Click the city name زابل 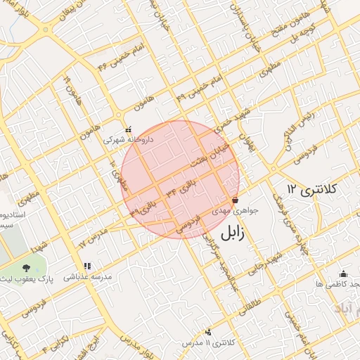click(x=235, y=234)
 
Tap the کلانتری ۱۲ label click(x=313, y=189)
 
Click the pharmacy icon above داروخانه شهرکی click(x=127, y=129)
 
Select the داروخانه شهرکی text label click(x=128, y=140)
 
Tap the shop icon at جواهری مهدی click(x=234, y=200)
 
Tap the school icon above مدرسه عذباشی click(x=87, y=266)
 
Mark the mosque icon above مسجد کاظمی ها click(x=343, y=274)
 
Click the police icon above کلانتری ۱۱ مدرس click(x=207, y=332)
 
